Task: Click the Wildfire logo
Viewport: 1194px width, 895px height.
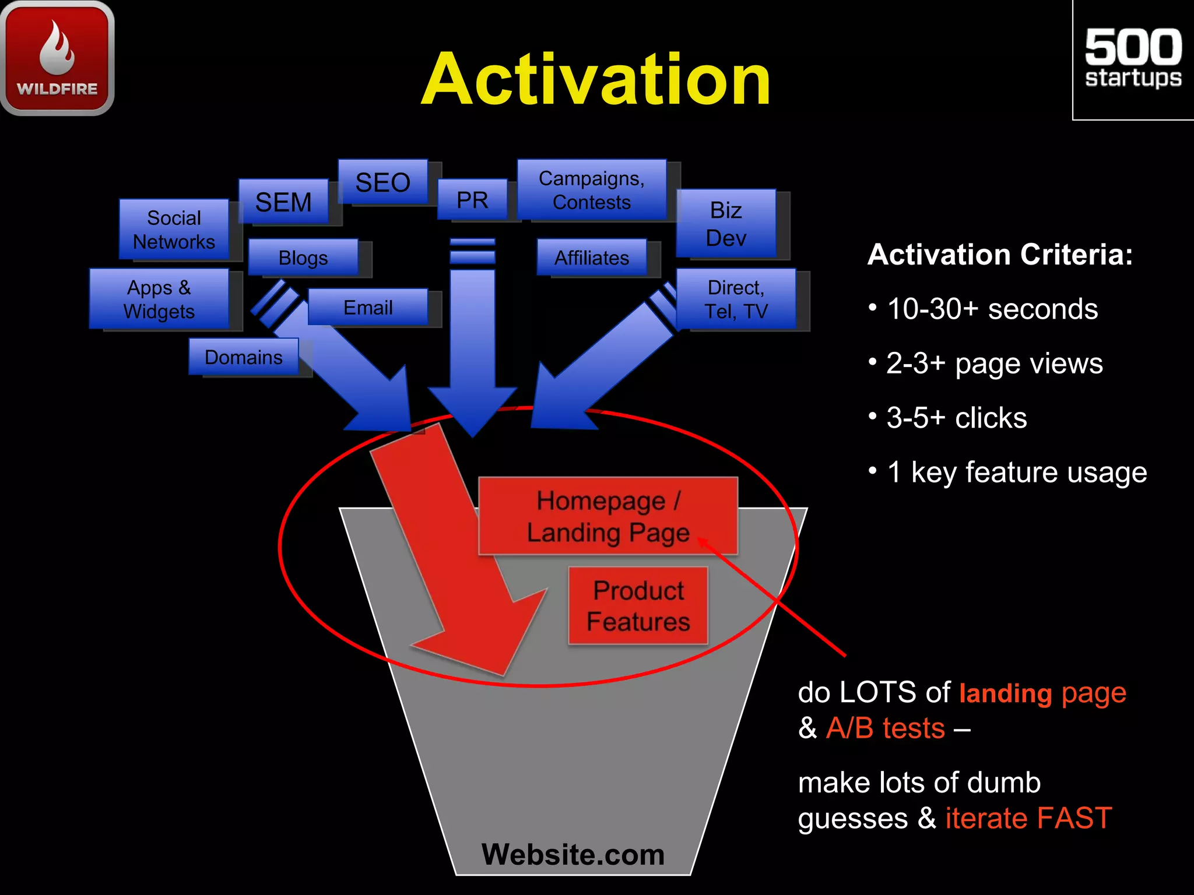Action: [x=57, y=57]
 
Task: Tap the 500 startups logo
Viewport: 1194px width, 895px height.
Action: [x=1133, y=59]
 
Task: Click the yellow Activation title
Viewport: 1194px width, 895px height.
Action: [x=596, y=79]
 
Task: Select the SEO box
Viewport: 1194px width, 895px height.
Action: [x=383, y=182]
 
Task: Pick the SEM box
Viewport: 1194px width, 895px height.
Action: [x=283, y=202]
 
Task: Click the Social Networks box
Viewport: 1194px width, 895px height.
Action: [x=174, y=229]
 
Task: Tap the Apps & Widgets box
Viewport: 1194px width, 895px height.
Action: [x=159, y=298]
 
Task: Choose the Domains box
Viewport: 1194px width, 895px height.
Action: [x=243, y=357]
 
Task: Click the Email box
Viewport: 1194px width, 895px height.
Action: [x=367, y=307]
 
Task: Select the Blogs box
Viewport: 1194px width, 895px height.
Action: [x=303, y=257]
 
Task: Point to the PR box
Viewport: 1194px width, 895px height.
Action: [x=472, y=200]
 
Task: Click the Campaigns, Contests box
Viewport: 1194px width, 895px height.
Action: [x=591, y=190]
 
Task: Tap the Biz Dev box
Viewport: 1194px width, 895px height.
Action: [x=726, y=223]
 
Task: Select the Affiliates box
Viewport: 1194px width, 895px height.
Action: [x=591, y=257]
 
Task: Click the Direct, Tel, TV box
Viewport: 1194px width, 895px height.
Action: [x=736, y=299]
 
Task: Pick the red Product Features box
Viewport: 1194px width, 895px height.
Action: [x=638, y=605]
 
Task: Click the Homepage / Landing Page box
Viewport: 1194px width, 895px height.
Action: [x=607, y=516]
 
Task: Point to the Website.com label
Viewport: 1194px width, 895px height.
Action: [x=573, y=854]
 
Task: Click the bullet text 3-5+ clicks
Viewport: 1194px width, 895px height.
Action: [x=956, y=417]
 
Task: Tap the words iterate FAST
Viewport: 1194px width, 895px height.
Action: [x=1028, y=818]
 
